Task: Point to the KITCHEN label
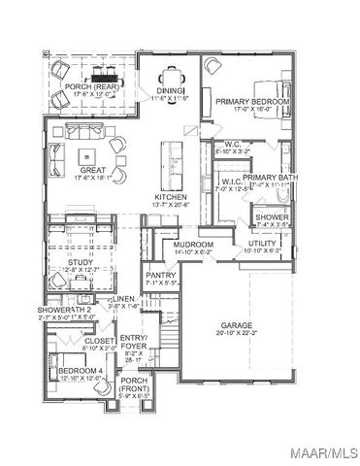(x=171, y=197)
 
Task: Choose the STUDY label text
(x=80, y=262)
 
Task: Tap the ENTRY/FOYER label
(x=132, y=341)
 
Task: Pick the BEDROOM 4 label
(x=76, y=371)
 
